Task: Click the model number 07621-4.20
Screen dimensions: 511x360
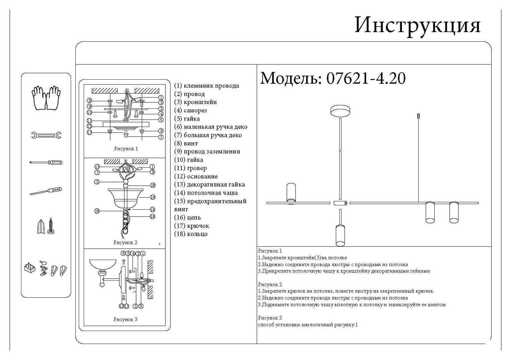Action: (366, 78)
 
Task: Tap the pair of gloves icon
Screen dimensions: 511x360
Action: (46, 98)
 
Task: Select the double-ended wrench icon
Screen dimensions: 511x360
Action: (46, 135)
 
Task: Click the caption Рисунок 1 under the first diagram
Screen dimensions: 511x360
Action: (126, 149)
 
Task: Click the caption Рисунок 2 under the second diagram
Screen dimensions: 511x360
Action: (125, 243)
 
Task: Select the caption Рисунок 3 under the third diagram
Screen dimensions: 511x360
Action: (125, 319)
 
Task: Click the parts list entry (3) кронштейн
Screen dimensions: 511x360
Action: (195, 102)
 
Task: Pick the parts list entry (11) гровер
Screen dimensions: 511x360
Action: (190, 168)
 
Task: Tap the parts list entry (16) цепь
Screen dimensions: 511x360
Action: (187, 218)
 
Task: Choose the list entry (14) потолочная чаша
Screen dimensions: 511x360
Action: (206, 193)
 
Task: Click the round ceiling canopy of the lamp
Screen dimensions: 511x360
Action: (340, 111)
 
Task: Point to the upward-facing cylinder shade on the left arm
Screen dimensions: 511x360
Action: (291, 192)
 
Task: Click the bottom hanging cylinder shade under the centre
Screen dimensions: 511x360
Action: (340, 236)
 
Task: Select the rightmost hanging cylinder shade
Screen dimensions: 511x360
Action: (454, 212)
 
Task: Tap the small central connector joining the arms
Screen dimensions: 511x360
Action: (340, 203)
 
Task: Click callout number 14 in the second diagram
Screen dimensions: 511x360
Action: (153, 197)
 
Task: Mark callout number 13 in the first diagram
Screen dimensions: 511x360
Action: (89, 132)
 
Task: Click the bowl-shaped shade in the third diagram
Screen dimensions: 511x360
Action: (103, 265)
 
